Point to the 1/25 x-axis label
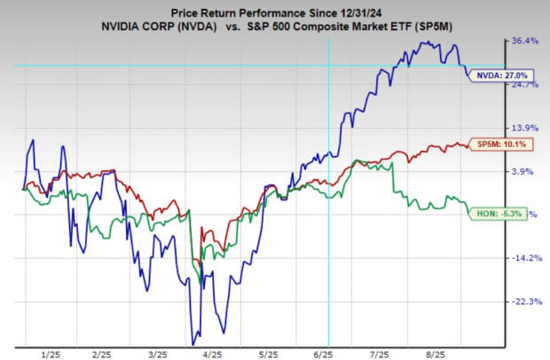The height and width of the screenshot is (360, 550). coord(49,352)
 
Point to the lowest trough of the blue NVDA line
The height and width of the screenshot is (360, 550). coord(193,344)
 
